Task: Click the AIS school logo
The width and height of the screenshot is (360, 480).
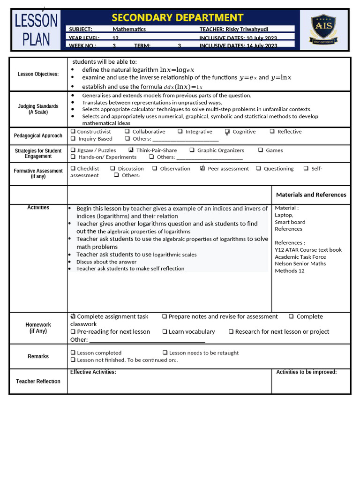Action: tap(323, 30)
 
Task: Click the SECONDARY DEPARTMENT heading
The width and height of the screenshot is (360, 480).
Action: tap(178, 18)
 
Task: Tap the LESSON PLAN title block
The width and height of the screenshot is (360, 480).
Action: tap(36, 30)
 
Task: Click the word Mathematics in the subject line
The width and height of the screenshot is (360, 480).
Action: tap(129, 29)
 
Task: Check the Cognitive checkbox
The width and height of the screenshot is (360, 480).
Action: tap(227, 132)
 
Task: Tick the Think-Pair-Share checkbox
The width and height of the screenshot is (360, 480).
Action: tap(131, 150)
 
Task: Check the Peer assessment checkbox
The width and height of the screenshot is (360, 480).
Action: tap(202, 168)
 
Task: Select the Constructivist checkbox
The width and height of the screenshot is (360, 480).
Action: tap(73, 132)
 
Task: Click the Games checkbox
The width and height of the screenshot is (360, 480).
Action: tap(260, 150)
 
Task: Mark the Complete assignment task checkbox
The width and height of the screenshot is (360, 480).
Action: tap(73, 316)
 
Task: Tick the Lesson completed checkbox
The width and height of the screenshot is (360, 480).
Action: tap(73, 352)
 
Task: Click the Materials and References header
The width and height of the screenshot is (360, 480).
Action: tap(311, 195)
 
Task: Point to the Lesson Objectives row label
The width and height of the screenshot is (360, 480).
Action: tap(38, 74)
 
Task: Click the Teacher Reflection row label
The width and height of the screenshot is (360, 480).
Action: tap(38, 381)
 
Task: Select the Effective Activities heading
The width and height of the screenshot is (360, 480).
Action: tap(93, 372)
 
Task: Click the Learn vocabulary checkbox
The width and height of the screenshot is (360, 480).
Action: tap(165, 331)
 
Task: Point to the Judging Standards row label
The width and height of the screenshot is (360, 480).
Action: tap(38, 109)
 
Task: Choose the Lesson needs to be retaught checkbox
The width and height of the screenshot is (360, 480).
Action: tap(165, 352)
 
